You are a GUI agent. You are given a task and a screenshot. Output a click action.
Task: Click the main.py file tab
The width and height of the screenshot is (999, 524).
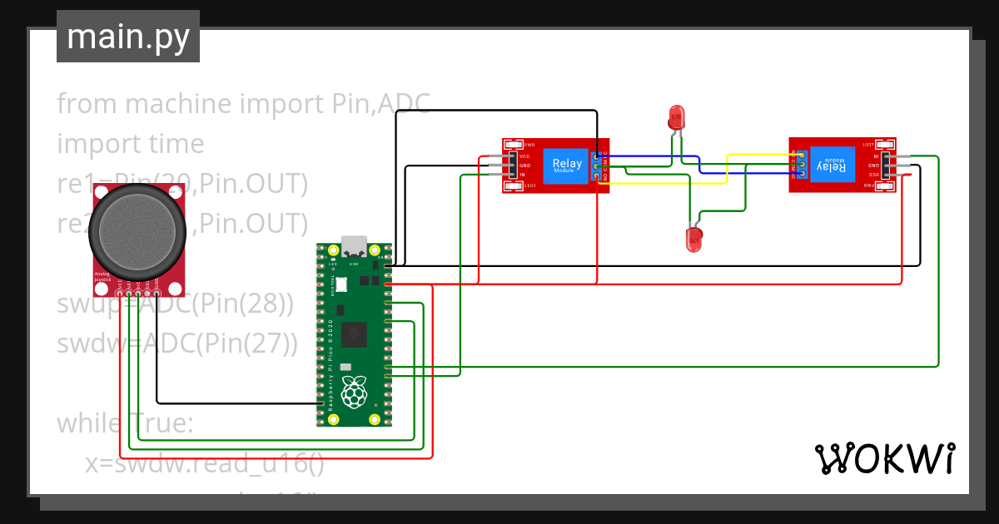click(x=128, y=37)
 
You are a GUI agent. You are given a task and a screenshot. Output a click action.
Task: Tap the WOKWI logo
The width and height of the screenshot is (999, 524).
click(x=884, y=458)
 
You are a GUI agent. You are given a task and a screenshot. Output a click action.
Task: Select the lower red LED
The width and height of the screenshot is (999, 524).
click(x=692, y=240)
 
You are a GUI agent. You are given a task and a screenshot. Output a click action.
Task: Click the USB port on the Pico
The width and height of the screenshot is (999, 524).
click(x=354, y=246)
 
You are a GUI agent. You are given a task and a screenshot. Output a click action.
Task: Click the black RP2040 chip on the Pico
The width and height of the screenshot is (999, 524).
click(x=354, y=334)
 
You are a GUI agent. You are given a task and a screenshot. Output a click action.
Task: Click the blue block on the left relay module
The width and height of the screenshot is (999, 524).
click(x=567, y=166)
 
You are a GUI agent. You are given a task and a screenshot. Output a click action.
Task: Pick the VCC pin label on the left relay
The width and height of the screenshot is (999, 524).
click(x=524, y=156)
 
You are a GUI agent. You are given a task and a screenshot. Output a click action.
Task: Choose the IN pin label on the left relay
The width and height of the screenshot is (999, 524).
click(x=522, y=175)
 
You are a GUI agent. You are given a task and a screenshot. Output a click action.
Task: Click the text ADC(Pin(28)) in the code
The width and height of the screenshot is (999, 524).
click(x=216, y=304)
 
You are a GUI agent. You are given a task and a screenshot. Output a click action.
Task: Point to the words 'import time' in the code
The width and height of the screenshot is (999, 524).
click(x=130, y=144)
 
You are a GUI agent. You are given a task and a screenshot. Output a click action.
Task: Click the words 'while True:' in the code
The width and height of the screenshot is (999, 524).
click(x=125, y=423)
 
